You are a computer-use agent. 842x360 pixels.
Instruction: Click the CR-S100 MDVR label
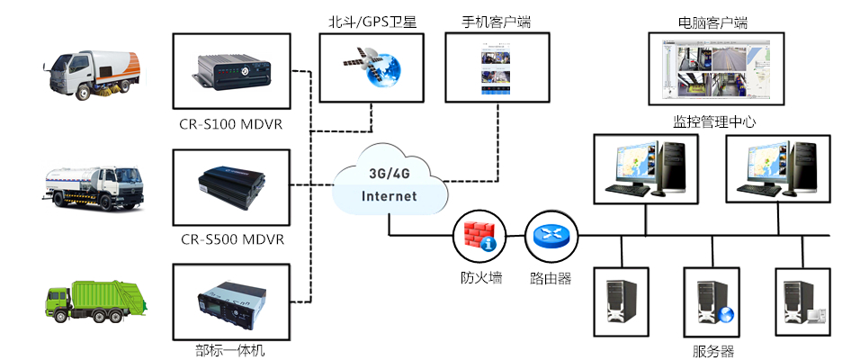click(232, 123)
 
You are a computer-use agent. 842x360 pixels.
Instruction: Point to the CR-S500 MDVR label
click(232, 238)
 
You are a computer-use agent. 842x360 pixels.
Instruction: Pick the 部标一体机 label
click(230, 349)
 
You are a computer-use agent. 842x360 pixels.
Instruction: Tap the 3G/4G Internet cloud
click(390, 185)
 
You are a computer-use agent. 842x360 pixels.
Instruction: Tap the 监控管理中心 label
click(712, 121)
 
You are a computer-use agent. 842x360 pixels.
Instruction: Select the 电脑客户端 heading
click(712, 21)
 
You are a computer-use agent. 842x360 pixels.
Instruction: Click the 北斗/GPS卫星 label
click(365, 21)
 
